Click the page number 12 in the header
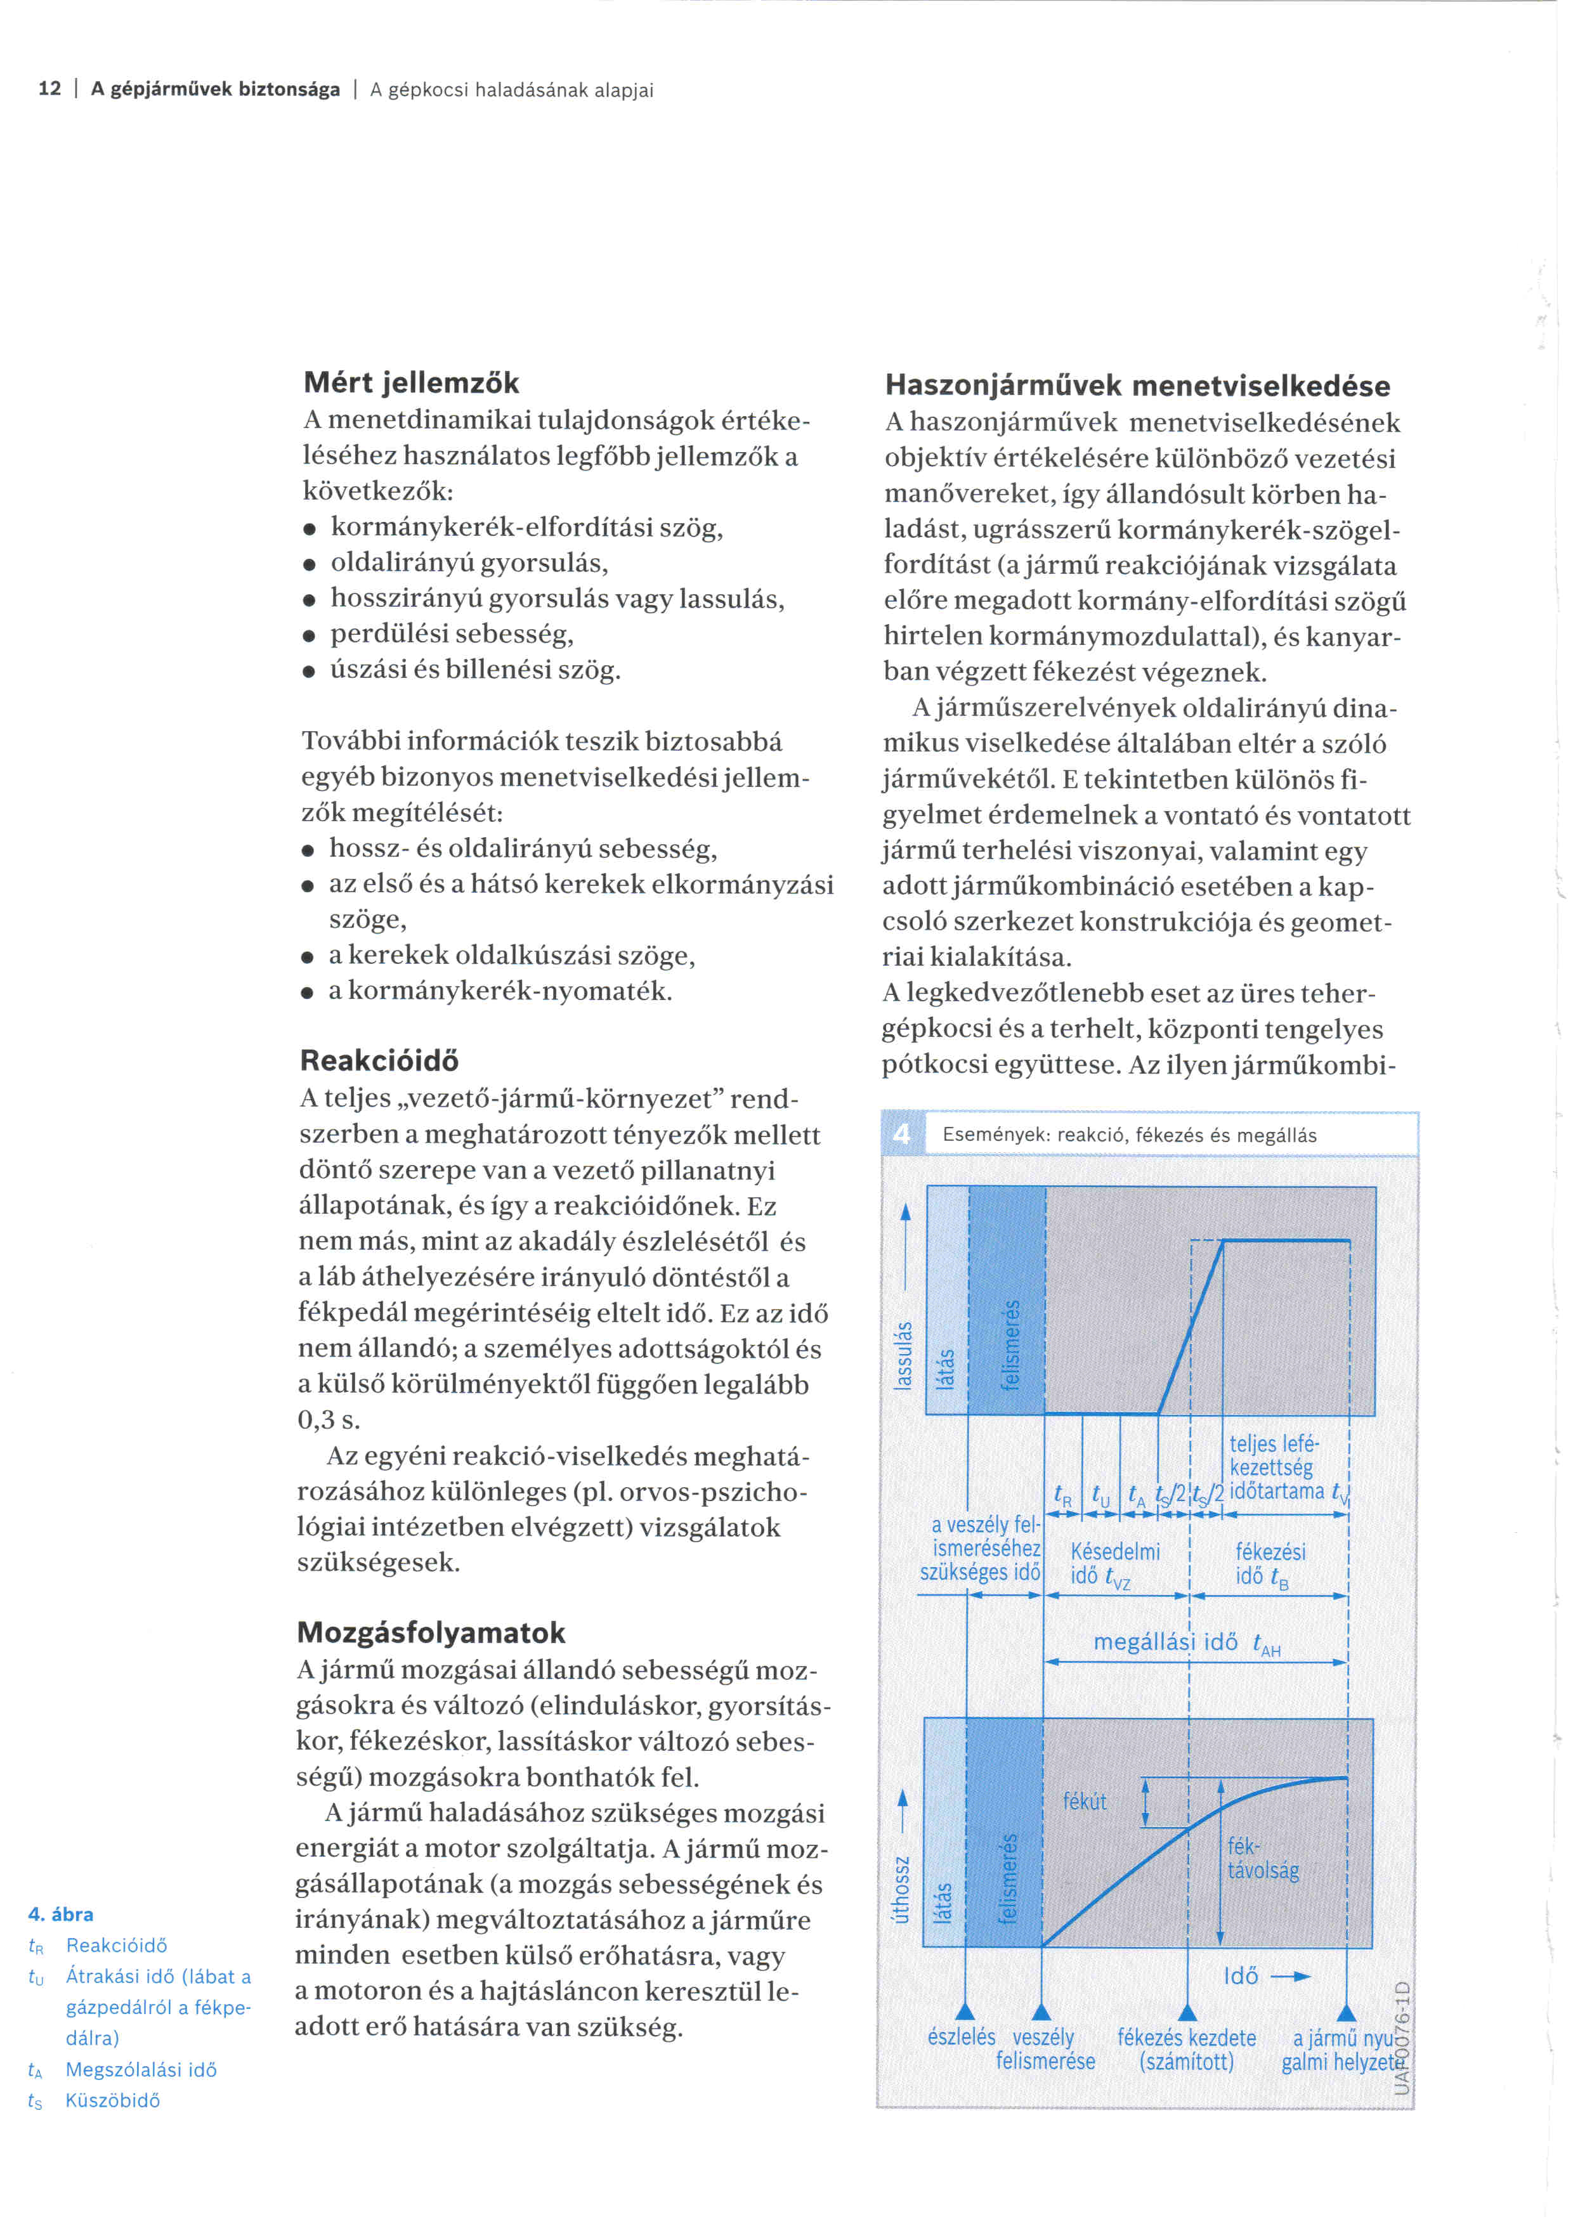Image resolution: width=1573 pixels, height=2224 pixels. tap(49, 89)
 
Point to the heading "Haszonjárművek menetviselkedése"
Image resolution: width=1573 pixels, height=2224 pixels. tap(1138, 386)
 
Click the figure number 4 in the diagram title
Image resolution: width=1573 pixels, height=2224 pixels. tap(902, 1135)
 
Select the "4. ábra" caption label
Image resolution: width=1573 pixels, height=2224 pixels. tap(61, 1914)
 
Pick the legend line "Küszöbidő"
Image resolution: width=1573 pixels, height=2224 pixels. tap(112, 2100)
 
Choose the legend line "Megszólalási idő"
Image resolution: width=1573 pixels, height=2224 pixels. tap(140, 2069)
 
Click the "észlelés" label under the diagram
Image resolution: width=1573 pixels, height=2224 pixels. tap(961, 2037)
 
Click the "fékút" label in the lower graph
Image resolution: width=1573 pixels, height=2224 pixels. tap(1085, 1801)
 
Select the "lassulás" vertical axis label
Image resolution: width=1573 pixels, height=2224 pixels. tap(903, 1354)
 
